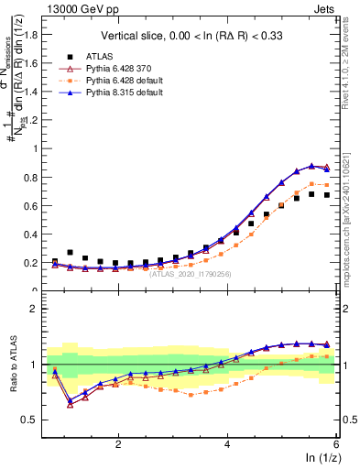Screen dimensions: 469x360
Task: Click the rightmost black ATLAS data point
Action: pos(327,195)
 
